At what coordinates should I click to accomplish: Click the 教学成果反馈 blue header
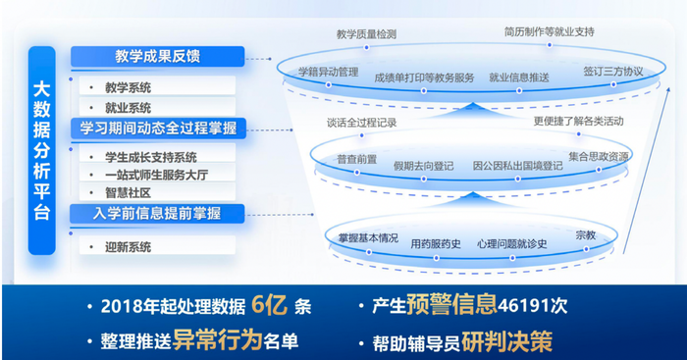point(157,57)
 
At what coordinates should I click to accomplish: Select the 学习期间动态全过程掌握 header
point(158,129)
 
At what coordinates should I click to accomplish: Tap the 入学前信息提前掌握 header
point(157,213)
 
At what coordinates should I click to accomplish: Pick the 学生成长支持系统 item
point(150,157)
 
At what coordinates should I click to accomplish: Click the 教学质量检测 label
point(366,33)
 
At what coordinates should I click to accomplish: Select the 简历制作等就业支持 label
point(549,31)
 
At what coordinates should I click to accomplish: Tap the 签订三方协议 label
point(612,72)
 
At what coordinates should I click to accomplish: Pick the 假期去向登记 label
point(423,166)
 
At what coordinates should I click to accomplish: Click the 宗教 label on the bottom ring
point(586,234)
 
